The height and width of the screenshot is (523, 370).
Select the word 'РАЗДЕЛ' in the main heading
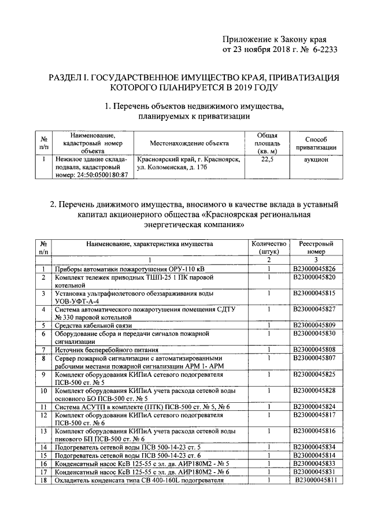[67, 76]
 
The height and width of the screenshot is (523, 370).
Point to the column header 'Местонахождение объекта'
[189, 143]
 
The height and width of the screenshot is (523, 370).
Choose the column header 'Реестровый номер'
[313, 248]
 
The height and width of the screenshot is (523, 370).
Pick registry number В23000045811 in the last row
[316, 480]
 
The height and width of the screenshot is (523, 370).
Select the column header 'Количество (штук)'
[269, 248]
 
